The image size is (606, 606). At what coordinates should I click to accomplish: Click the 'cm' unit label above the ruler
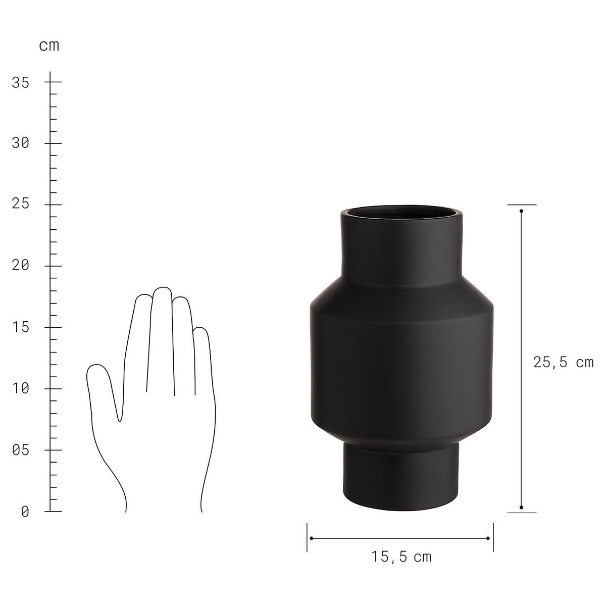point(49,45)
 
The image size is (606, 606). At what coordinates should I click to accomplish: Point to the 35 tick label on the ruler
point(21,82)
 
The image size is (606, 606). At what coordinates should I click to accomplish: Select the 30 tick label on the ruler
point(21,143)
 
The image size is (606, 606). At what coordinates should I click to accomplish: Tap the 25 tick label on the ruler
point(21,205)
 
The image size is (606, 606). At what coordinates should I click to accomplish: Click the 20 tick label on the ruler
point(21,266)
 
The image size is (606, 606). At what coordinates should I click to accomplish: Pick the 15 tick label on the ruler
point(21,327)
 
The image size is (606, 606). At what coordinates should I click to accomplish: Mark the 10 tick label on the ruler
point(21,389)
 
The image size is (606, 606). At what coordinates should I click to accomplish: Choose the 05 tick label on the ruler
point(21,450)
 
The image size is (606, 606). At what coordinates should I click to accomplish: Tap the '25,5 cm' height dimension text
point(563,362)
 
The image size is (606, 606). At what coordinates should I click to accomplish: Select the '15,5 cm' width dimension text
point(401,557)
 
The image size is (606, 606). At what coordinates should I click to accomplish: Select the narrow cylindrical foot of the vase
point(401,475)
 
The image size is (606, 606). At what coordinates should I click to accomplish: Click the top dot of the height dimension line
point(521,211)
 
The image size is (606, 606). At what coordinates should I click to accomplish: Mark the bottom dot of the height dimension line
point(521,508)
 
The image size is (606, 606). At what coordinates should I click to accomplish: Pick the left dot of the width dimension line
point(312,538)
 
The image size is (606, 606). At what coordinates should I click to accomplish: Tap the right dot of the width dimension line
point(488,538)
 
